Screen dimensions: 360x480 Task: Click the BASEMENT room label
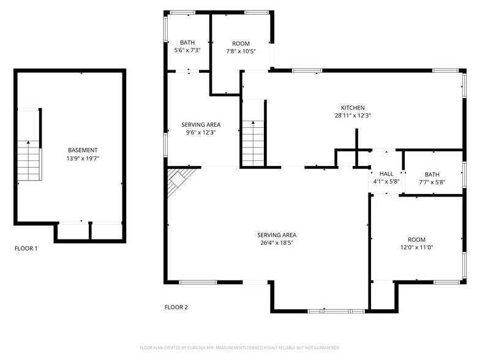pyautogui.click(x=83, y=150)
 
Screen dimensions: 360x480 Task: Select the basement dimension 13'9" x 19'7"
pyautogui.click(x=83, y=159)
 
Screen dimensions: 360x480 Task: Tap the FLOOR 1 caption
pyautogui.click(x=26, y=249)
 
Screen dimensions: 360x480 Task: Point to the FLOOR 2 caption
pyautogui.click(x=176, y=307)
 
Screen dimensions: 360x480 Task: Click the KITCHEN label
pyautogui.click(x=353, y=108)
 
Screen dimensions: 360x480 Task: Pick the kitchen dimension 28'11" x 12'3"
pyautogui.click(x=353, y=116)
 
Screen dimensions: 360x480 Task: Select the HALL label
pyautogui.click(x=386, y=174)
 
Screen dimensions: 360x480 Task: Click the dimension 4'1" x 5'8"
pyautogui.click(x=386, y=182)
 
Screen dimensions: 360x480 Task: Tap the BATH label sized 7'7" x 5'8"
pyautogui.click(x=432, y=174)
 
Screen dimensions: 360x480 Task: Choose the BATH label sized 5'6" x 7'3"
pyautogui.click(x=187, y=42)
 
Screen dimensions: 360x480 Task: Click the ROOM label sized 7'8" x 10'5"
pyautogui.click(x=241, y=43)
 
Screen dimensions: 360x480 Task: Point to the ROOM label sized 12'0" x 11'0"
pyautogui.click(x=416, y=239)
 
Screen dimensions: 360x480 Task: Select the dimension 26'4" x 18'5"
pyautogui.click(x=277, y=243)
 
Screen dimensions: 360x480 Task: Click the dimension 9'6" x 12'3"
pyautogui.click(x=201, y=132)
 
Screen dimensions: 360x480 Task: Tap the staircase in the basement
pyautogui.click(x=28, y=160)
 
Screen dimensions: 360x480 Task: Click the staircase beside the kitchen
pyautogui.click(x=252, y=141)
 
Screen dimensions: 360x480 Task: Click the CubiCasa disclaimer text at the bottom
pyautogui.click(x=240, y=347)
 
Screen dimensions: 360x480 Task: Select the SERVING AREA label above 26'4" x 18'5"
pyautogui.click(x=277, y=235)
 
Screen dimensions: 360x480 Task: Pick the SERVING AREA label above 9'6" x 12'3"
pyautogui.click(x=201, y=124)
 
